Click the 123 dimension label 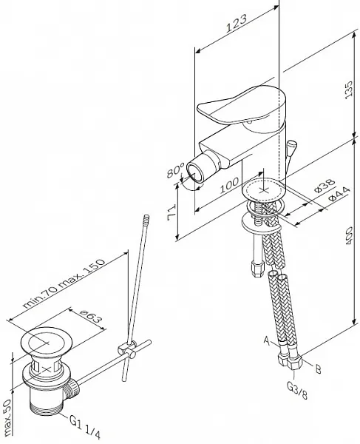click(237, 23)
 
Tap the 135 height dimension click(349, 90)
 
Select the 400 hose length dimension click(349, 235)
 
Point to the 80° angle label click(175, 169)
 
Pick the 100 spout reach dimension click(229, 186)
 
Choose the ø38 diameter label click(325, 186)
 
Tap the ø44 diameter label click(339, 193)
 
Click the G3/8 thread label click(297, 390)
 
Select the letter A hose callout click(267, 340)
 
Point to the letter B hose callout click(318, 369)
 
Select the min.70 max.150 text click(64, 283)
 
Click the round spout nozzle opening click(195, 173)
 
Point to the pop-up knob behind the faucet click(291, 146)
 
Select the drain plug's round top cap click(47, 342)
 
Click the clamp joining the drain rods click(126, 349)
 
